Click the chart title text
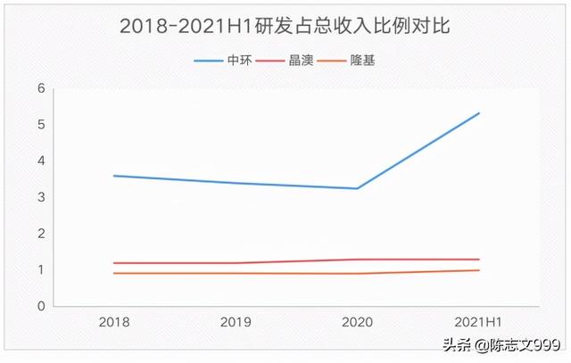(285, 26)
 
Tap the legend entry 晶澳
(299, 61)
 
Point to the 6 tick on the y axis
(40, 88)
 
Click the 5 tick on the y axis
(40, 125)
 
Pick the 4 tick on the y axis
(40, 161)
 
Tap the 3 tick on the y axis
(40, 197)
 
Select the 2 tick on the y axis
(40, 234)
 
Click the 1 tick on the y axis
(40, 270)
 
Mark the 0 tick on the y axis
(40, 306)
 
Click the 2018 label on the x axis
(114, 320)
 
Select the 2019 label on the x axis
(236, 320)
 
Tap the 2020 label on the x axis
(357, 320)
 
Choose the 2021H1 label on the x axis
(478, 320)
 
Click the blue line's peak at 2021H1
(479, 113)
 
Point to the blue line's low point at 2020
(358, 188)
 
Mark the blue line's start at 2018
(114, 176)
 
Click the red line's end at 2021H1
(479, 260)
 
